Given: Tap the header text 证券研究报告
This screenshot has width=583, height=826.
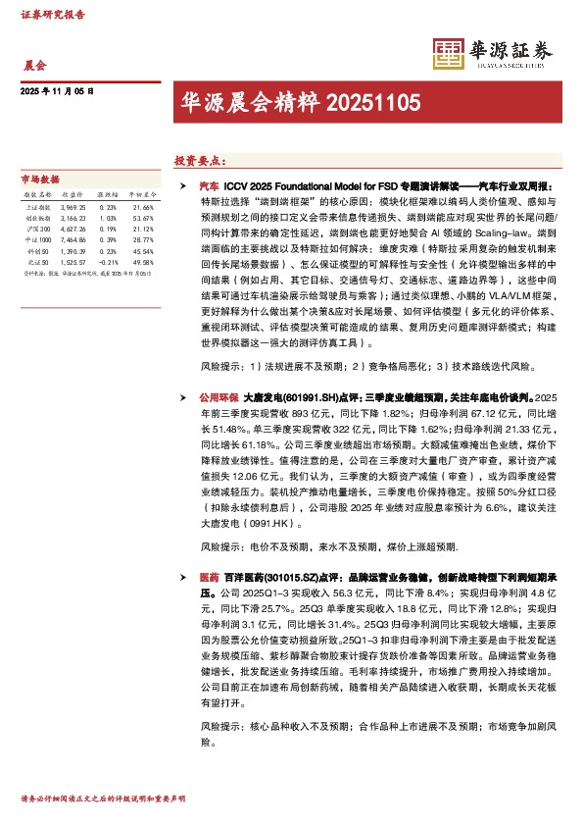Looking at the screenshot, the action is click(52, 16).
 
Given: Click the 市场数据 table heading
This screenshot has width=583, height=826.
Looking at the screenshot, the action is click(40, 180).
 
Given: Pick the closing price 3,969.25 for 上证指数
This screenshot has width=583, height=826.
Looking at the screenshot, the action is click(73, 208).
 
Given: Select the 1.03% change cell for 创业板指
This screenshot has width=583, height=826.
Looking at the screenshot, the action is click(109, 219).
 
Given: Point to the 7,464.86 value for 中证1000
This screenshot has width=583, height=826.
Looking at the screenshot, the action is click(73, 240).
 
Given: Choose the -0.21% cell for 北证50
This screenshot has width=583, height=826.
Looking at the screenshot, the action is click(108, 262).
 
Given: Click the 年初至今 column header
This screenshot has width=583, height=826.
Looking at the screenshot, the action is click(140, 196).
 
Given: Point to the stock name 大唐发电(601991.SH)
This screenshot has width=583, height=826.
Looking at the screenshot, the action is click(280, 399).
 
